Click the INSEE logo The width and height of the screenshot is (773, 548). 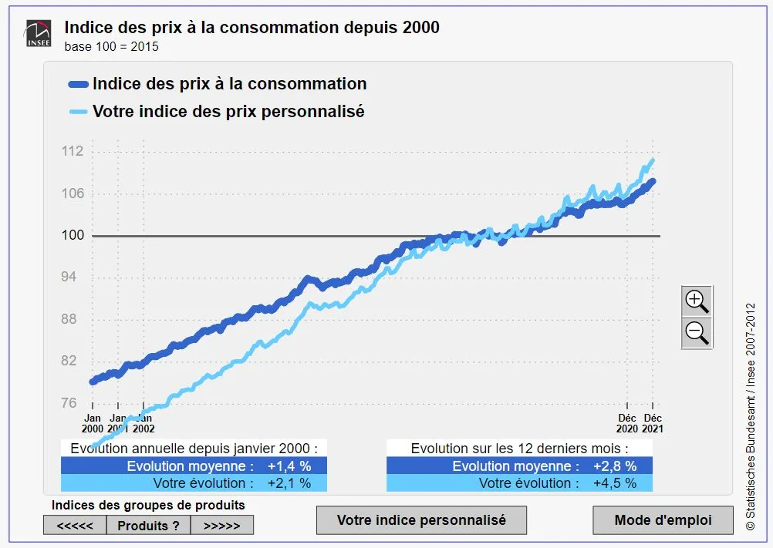(38, 33)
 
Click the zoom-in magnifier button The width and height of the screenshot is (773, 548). (697, 300)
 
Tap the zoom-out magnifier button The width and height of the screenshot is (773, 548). (697, 333)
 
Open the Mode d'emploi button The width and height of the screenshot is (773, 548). (663, 520)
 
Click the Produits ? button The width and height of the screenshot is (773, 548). (148, 526)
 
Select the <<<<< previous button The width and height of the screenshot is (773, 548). (75, 526)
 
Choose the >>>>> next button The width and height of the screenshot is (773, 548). (221, 526)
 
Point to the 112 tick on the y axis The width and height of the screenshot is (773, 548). (73, 151)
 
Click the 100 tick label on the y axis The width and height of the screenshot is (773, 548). (73, 235)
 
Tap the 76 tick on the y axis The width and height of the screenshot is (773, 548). (69, 403)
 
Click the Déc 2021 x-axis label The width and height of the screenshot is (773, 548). (653, 423)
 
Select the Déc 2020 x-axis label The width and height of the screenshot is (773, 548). (627, 423)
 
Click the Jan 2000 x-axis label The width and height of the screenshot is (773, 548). (92, 423)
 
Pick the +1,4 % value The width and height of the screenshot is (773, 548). (289, 466)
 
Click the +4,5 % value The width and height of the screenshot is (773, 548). (615, 483)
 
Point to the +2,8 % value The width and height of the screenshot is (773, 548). (615, 466)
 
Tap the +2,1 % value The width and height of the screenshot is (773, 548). (289, 483)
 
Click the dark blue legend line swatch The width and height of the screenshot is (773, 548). (79, 84)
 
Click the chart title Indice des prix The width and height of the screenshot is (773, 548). (251, 28)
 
